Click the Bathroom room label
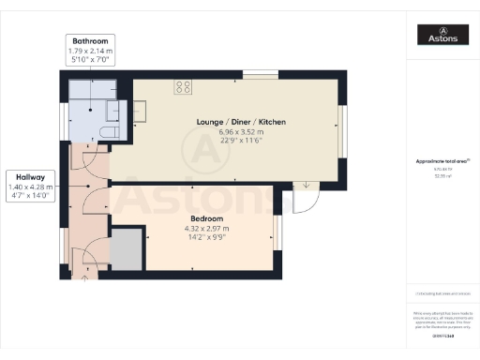click(87, 41)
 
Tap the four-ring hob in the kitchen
click(183, 88)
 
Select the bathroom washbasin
click(115, 109)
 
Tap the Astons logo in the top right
click(443, 36)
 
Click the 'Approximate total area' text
click(443, 161)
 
